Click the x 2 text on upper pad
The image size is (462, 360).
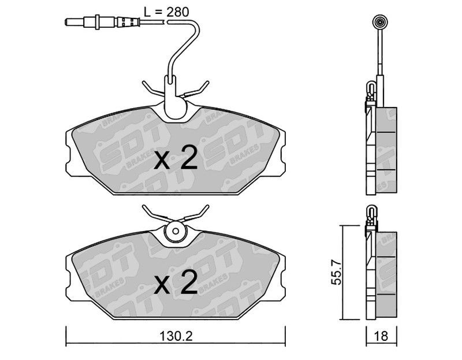pos(177,158)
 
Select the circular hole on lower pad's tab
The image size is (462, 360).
pos(174,232)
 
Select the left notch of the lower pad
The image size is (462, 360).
pos(68,276)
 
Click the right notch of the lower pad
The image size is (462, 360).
pos(283,276)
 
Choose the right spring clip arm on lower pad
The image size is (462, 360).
pos(196,215)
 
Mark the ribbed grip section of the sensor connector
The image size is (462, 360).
pos(128,23)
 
